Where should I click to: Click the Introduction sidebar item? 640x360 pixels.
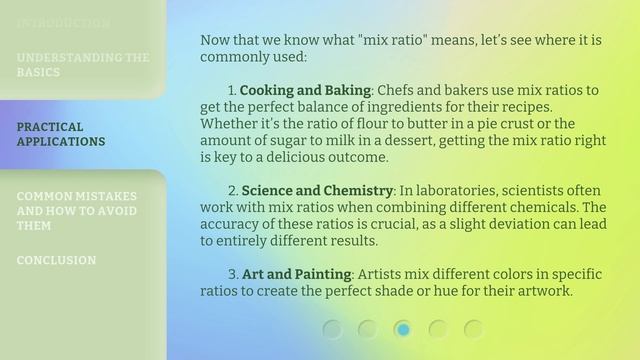63,22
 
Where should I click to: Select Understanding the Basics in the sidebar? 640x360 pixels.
83,65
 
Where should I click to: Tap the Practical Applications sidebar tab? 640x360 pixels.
61,134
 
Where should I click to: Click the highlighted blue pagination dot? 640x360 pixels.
403,328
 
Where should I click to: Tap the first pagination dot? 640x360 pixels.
333,328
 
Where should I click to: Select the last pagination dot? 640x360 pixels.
473,328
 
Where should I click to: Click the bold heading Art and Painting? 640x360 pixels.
296,274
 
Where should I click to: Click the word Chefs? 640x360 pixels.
398,90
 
